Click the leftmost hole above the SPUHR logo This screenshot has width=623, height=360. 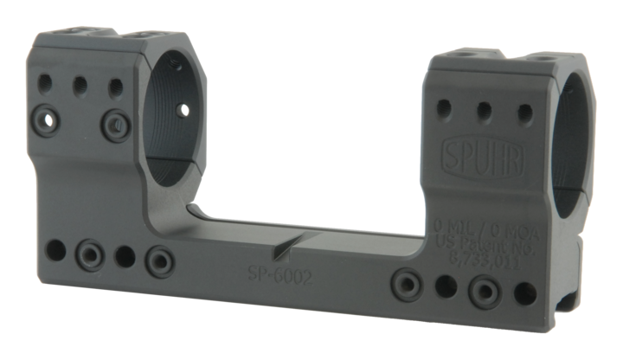[x=446, y=107]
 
